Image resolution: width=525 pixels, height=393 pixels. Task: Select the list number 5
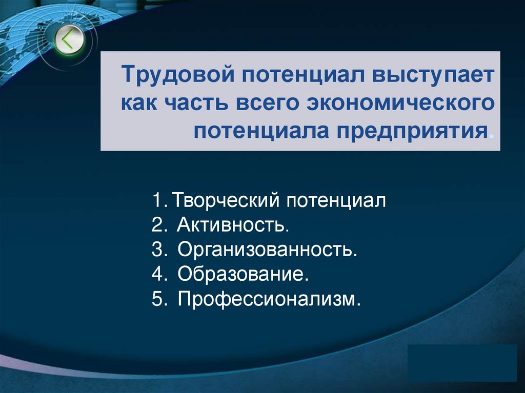157,299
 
